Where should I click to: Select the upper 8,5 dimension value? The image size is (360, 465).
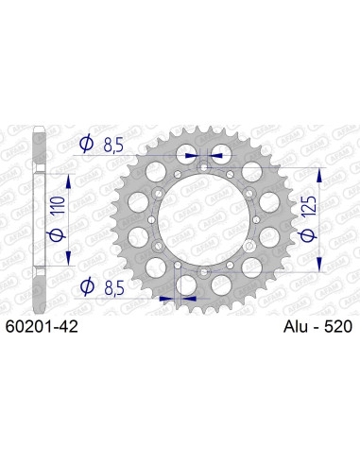pos(116,144)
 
